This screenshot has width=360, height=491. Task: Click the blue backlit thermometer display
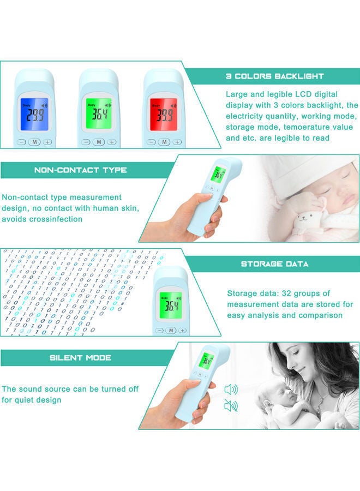point(34,115)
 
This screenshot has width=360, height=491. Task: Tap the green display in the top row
point(99,115)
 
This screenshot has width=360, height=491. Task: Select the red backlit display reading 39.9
point(164,115)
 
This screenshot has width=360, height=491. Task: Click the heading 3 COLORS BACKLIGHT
point(274,76)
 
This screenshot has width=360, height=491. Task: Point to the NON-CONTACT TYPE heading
point(80,170)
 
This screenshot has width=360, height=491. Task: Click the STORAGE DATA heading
point(274,264)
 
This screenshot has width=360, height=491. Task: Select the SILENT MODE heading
point(80,358)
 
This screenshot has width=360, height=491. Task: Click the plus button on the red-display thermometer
point(177,142)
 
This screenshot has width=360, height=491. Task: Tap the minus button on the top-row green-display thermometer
point(86,142)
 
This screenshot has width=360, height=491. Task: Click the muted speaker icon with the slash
point(231,406)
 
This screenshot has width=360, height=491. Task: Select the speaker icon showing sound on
point(231,389)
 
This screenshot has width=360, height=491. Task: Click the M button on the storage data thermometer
point(171,330)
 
